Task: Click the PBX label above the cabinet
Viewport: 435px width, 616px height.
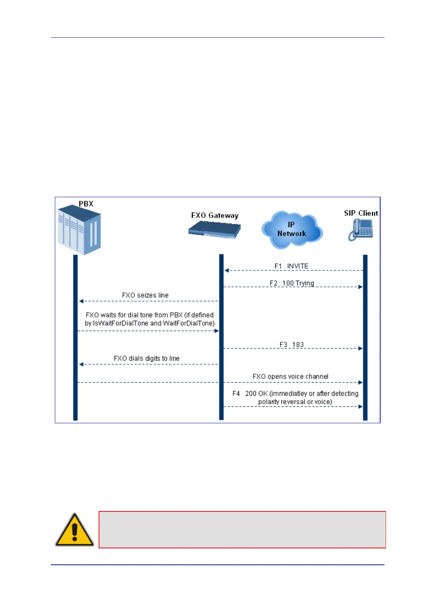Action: click(x=86, y=204)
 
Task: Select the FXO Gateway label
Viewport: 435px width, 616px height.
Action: click(x=215, y=215)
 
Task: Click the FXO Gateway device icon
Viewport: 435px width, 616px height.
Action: click(x=215, y=230)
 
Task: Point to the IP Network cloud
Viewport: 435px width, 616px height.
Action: click(x=292, y=230)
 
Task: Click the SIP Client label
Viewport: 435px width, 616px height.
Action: click(x=361, y=213)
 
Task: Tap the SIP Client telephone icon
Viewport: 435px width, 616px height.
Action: click(x=360, y=230)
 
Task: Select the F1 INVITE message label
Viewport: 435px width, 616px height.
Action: click(x=291, y=266)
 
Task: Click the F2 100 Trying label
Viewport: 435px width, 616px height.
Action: click(x=292, y=283)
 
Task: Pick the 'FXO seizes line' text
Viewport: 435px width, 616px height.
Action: click(x=145, y=295)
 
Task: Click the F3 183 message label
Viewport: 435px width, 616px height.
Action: click(x=291, y=345)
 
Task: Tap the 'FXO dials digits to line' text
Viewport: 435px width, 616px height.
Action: click(x=147, y=358)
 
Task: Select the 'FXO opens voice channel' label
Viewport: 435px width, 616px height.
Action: click(x=290, y=376)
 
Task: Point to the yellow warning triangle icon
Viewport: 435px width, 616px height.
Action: click(x=75, y=530)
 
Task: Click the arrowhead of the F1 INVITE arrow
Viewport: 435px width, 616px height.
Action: click(x=227, y=270)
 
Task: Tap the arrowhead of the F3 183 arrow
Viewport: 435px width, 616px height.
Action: click(x=360, y=349)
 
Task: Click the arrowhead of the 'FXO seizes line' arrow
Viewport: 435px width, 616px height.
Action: click(x=81, y=301)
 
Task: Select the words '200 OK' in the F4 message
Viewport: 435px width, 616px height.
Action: click(x=256, y=394)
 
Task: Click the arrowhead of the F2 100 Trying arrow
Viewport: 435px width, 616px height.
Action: click(x=360, y=287)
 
